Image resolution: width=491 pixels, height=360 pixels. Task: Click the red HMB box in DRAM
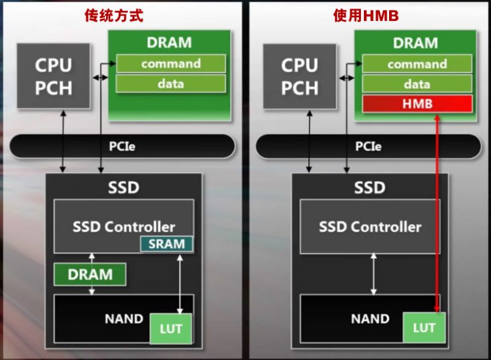pos(417,104)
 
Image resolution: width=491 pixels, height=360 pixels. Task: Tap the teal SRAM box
pos(166,244)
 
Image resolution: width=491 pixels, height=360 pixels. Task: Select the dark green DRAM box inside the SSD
pos(90,274)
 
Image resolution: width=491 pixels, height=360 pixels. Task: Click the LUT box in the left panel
pos(171,329)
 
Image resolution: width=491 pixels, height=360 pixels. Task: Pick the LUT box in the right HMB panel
pos(423,327)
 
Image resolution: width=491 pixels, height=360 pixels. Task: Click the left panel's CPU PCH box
pos(53,76)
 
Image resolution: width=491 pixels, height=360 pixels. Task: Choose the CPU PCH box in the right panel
pos(300,76)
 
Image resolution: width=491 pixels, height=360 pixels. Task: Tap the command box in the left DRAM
pos(171,63)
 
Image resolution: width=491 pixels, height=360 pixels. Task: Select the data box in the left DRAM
pos(171,84)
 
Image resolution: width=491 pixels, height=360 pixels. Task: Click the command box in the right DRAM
pos(417,64)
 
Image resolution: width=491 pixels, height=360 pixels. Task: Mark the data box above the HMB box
pos(417,84)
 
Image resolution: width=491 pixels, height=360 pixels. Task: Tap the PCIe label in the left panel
pos(123,146)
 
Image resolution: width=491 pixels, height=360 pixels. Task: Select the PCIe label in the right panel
pos(368,146)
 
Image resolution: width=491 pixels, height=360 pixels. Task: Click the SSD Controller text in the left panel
pos(124,226)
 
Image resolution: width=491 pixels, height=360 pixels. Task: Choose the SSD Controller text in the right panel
pos(370,227)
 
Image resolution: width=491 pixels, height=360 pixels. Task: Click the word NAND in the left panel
pos(124,319)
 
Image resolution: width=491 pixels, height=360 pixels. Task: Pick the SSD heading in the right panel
pos(369,187)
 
